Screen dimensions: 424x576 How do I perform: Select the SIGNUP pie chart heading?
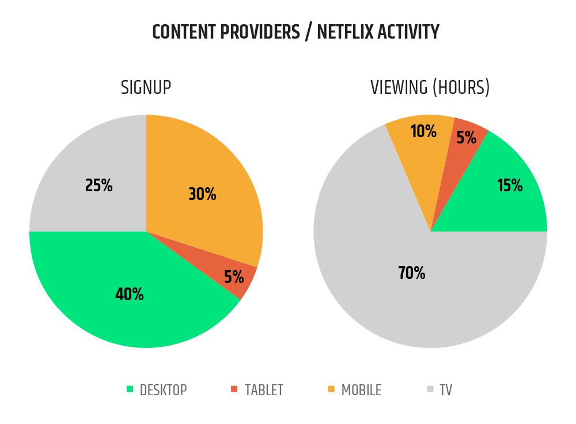[x=146, y=88]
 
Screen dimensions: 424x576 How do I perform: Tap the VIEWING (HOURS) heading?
[x=430, y=88]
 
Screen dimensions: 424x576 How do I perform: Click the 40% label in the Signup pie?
[x=130, y=294]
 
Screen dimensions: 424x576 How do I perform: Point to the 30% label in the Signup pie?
[x=202, y=194]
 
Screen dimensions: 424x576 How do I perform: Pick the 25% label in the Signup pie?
[x=99, y=185]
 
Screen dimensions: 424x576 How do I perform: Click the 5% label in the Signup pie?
[x=234, y=277]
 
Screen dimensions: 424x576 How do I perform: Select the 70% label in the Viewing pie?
[x=411, y=273]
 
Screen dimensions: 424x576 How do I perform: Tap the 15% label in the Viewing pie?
[x=510, y=185]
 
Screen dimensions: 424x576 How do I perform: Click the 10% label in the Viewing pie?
[x=423, y=131]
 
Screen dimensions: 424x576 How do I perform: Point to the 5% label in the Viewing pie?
[x=467, y=138]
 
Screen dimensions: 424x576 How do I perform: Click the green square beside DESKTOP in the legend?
[x=130, y=389]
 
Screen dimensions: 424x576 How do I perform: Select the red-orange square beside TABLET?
[x=234, y=389]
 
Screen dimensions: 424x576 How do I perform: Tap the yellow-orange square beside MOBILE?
[x=331, y=389]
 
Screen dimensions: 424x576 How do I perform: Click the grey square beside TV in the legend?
[x=430, y=389]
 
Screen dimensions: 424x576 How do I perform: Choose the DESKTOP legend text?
[x=164, y=390]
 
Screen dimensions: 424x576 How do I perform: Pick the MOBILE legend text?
[x=361, y=390]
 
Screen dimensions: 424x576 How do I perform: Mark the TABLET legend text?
[x=264, y=390]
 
